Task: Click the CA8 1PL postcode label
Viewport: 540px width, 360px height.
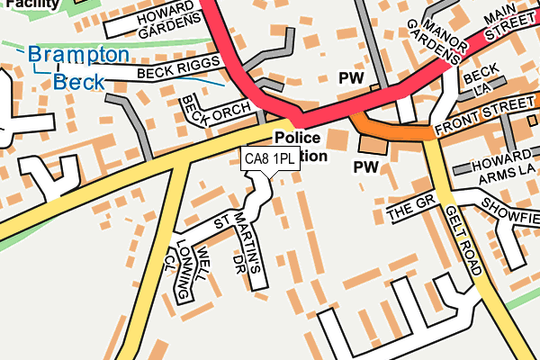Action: point(270,159)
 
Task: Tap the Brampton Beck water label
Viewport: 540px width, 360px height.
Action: point(78,67)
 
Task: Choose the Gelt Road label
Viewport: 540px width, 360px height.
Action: point(463,239)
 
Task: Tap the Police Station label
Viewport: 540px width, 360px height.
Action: point(299,146)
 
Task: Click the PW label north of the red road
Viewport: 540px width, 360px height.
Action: point(351,79)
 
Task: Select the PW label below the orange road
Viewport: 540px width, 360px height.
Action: point(366,166)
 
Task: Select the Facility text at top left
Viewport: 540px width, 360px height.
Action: point(18,4)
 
